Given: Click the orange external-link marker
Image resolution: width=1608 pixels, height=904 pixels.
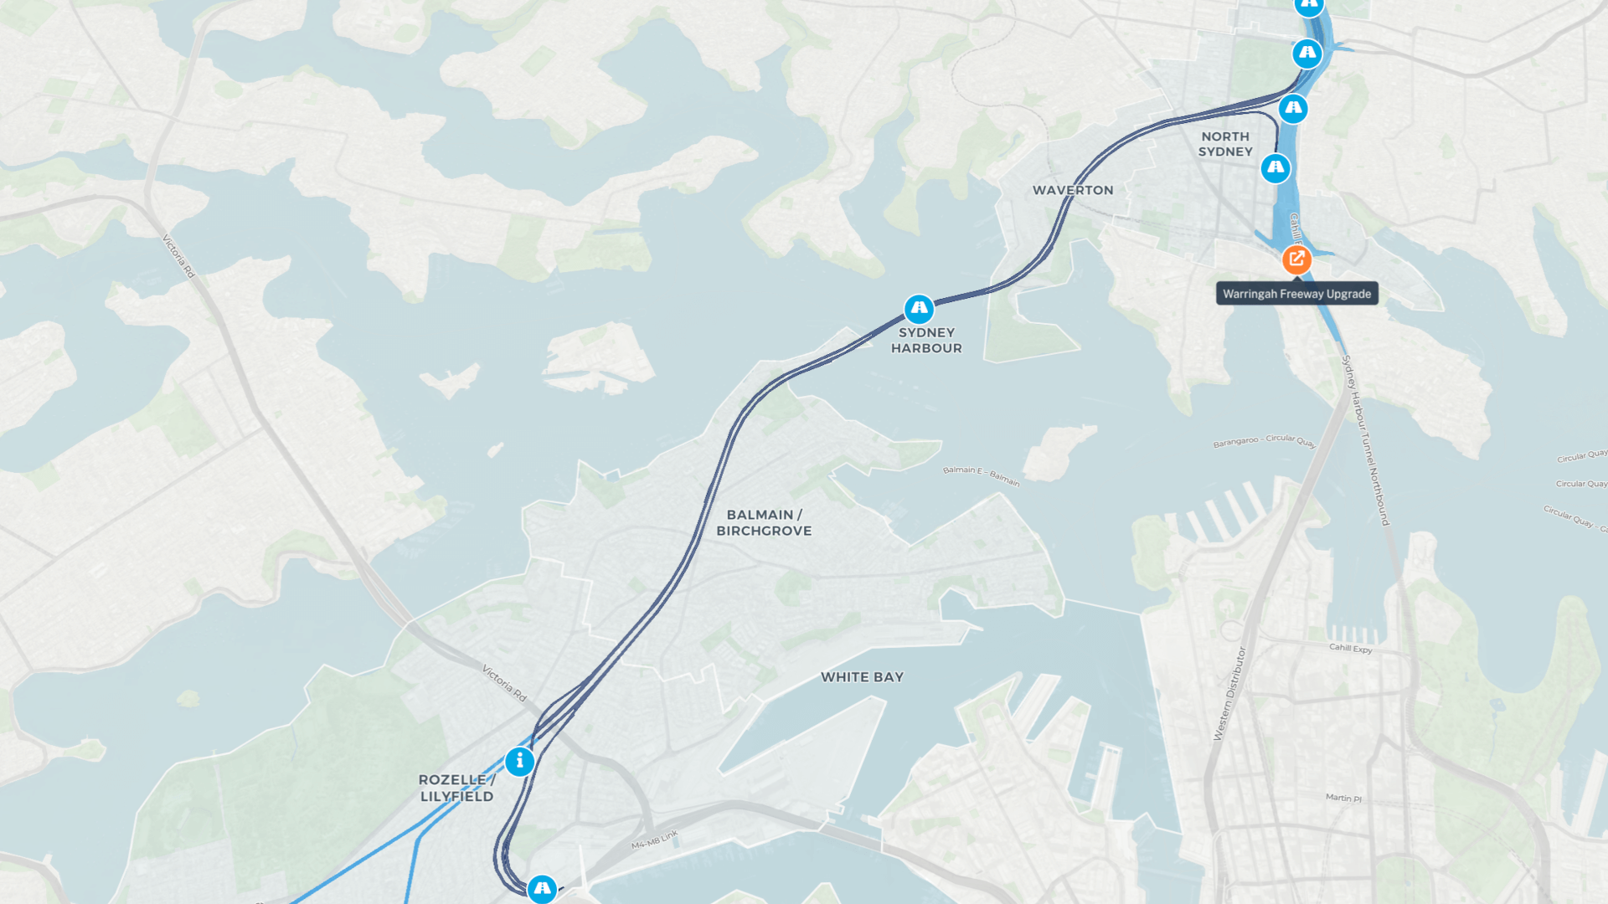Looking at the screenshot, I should coord(1296,259).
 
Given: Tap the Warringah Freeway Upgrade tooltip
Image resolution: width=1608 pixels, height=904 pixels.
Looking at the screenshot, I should coord(1296,294).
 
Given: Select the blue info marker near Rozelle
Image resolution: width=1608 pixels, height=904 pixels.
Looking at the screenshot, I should coord(519,762).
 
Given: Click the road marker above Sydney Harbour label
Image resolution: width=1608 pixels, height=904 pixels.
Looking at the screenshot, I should coord(919,309).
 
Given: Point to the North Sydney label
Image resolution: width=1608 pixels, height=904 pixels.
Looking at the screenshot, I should coord(1225,144).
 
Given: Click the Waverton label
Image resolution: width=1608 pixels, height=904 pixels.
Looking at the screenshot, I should coord(1073,191).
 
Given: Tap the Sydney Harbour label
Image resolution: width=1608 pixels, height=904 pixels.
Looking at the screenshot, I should coord(926,341).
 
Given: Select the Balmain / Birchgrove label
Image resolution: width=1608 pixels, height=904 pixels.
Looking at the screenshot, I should coord(764,523).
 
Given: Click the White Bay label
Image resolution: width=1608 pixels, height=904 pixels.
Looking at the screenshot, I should coord(862,677).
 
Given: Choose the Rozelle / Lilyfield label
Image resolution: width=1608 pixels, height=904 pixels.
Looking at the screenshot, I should coord(457,788).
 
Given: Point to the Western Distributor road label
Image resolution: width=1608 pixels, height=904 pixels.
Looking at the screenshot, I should coord(1229,693).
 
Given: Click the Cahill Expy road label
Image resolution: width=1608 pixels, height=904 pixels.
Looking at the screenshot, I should coord(1350,648).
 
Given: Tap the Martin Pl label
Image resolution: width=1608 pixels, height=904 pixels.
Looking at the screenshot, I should coord(1343,798).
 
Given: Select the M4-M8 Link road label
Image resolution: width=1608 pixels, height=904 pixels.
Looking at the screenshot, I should coord(654,840).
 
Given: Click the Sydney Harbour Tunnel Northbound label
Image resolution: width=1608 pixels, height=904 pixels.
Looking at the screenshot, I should coord(1366,440).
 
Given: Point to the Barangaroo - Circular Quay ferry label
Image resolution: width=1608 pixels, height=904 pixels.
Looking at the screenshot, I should coord(1264,440).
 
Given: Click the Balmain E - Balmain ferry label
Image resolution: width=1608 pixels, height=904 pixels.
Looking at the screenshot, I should coord(981,475).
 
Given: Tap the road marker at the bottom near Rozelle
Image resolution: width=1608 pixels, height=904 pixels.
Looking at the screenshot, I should coord(542,888).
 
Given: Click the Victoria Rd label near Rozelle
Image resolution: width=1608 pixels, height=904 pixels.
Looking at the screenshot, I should coord(504,683).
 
